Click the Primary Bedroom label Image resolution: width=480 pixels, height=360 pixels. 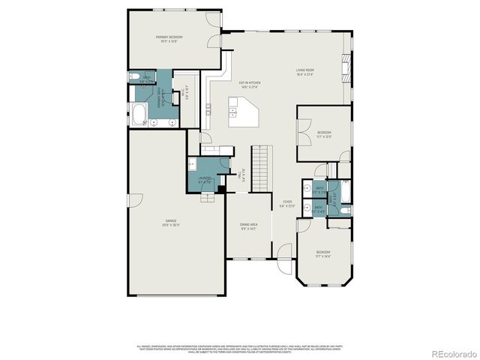(169, 39)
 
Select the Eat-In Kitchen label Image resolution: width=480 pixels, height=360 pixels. (249, 85)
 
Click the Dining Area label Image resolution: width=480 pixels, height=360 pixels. (249, 226)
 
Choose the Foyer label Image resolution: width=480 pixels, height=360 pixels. (288, 203)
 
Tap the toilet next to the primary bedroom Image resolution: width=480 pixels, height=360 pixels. (133, 77)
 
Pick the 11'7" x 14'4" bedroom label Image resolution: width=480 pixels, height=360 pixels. (322, 253)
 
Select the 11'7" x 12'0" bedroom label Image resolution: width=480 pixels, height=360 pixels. (324, 134)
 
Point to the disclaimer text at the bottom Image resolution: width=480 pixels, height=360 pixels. (239, 348)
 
